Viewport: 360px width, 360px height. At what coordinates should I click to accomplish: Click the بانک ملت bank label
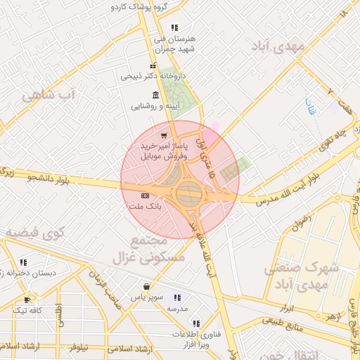[x=145, y=208]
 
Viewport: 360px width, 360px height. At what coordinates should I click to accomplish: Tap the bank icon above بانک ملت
[x=146, y=195]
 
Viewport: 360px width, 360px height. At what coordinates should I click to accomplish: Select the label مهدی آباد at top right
[x=280, y=46]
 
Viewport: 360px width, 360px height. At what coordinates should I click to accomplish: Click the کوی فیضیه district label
[x=35, y=231]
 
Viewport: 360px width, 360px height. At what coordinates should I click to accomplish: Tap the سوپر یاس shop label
[x=146, y=297]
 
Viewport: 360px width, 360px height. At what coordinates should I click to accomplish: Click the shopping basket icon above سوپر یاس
[x=146, y=286]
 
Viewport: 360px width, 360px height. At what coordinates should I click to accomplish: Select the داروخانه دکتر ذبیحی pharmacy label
[x=153, y=76]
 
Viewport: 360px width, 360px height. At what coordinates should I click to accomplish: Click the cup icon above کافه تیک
[x=27, y=299]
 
